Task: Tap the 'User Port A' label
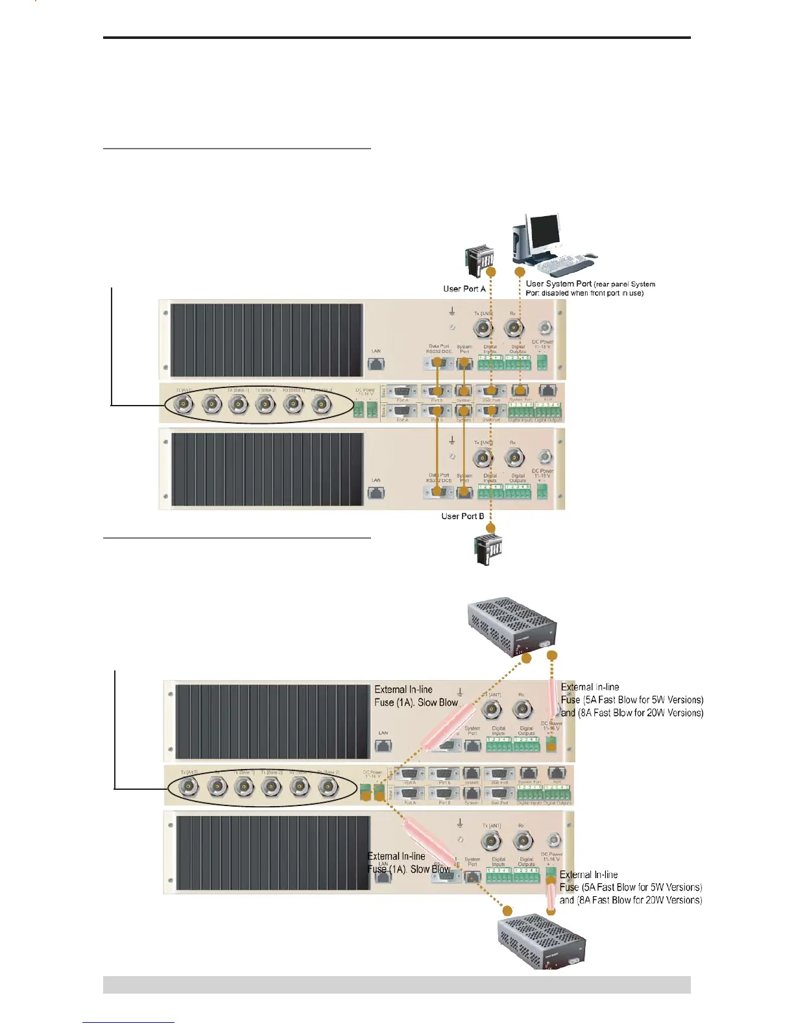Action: pos(464,289)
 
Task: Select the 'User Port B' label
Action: pos(463,516)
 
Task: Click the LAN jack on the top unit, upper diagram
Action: pos(376,363)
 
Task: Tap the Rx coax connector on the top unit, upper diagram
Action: pos(514,328)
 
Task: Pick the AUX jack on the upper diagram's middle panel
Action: pos(548,391)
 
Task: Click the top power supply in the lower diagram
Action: pos(512,628)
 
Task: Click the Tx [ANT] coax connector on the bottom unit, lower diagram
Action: pos(490,842)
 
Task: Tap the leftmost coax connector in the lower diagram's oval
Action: pos(189,787)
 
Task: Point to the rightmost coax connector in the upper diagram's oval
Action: pos(320,405)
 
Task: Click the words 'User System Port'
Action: pos(559,284)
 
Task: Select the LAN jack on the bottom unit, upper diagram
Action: pos(376,493)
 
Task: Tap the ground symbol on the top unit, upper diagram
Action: pos(452,313)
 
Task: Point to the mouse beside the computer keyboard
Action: pos(590,256)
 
